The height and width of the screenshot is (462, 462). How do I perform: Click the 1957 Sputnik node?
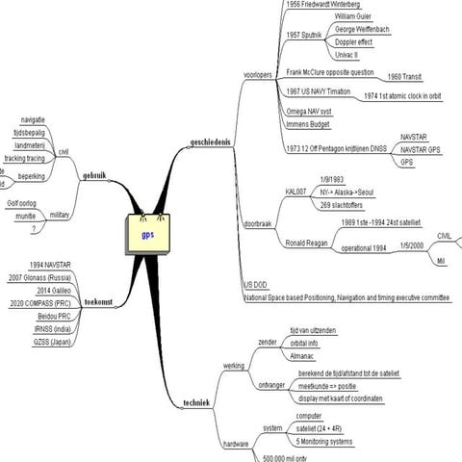tap(305, 35)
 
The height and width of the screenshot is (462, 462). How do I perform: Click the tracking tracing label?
tap(25, 158)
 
